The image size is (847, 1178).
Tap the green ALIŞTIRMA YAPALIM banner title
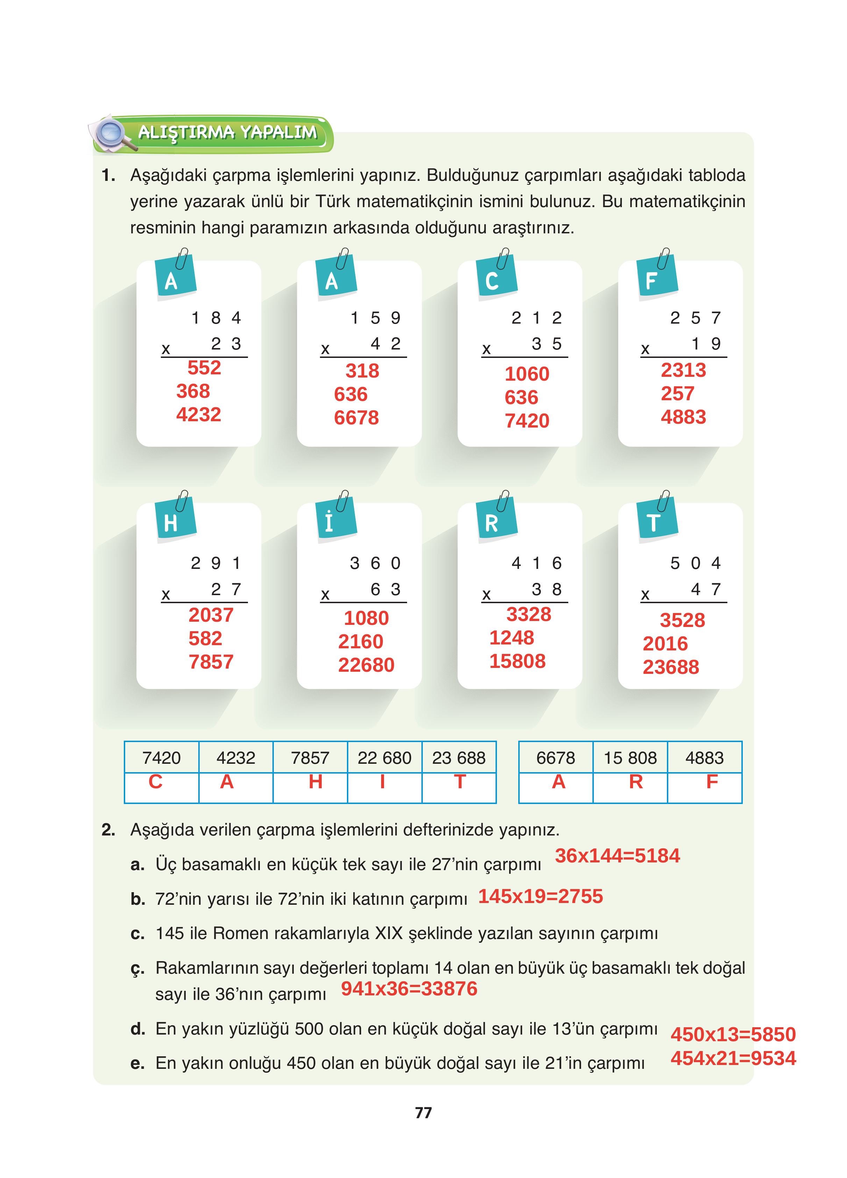pyautogui.click(x=227, y=133)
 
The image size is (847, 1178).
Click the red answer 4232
pyautogui.click(x=198, y=415)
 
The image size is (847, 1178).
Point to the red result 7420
pyautogui.click(x=527, y=421)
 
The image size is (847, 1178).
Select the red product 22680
pyautogui.click(x=366, y=665)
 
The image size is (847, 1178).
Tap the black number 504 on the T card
pyautogui.click(x=695, y=563)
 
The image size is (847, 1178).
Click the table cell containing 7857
pyautogui.click(x=310, y=758)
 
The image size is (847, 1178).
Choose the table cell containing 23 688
pyautogui.click(x=458, y=758)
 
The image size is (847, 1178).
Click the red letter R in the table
pyautogui.click(x=636, y=782)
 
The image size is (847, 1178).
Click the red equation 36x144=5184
pyautogui.click(x=617, y=855)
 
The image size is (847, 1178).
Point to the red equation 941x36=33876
pyautogui.click(x=409, y=988)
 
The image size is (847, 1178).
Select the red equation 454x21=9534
pyautogui.click(x=733, y=1058)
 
